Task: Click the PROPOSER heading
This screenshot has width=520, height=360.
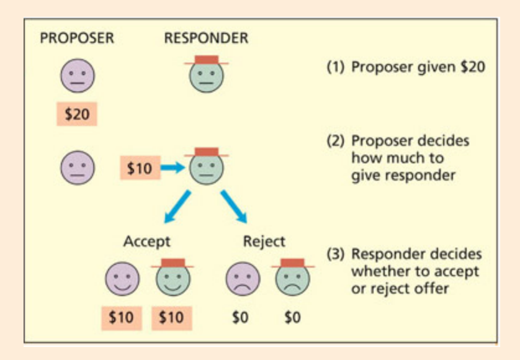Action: pyautogui.click(x=77, y=38)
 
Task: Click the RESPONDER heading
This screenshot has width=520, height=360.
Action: pyautogui.click(x=206, y=38)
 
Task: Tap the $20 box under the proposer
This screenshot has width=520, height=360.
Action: pyautogui.click(x=77, y=114)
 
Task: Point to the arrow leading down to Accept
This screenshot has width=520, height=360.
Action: pyautogui.click(x=177, y=207)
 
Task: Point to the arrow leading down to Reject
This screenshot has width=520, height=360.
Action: pyautogui.click(x=234, y=207)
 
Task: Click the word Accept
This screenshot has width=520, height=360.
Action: pyautogui.click(x=146, y=241)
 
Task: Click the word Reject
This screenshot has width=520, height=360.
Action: pyautogui.click(x=264, y=241)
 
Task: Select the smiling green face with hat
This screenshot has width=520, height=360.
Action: pyautogui.click(x=172, y=277)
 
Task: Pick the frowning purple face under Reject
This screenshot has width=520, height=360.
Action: pyautogui.click(x=242, y=278)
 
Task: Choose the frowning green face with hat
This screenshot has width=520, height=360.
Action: pyautogui.click(x=292, y=277)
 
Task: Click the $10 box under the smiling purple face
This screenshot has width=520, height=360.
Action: pyautogui.click(x=121, y=317)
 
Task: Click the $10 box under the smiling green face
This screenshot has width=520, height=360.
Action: pyautogui.click(x=171, y=317)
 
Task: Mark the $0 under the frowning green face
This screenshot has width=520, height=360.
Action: pyautogui.click(x=292, y=317)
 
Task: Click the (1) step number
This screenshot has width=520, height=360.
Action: pyautogui.click(x=336, y=67)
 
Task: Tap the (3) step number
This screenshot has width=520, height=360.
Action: pyautogui.click(x=336, y=254)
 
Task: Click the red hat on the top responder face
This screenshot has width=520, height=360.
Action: pyautogui.click(x=206, y=60)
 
